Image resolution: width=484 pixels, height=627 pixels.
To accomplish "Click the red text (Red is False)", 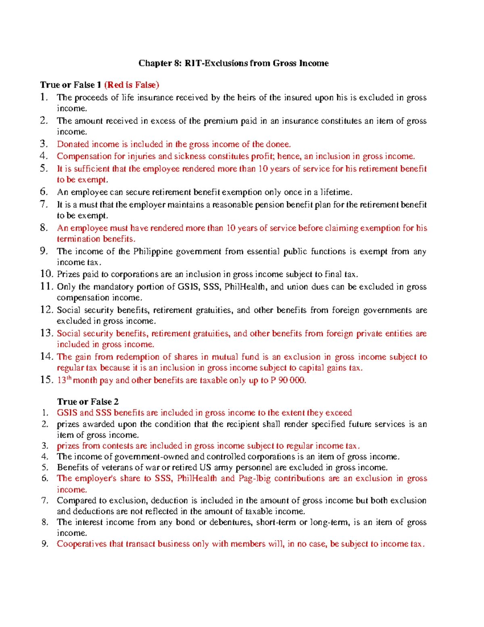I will point(131,85).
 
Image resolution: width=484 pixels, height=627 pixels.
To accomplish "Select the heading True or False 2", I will point(88,402).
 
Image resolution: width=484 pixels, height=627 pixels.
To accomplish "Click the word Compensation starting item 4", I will point(83,156).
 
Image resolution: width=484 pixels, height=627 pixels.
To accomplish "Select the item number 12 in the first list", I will point(46,310).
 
